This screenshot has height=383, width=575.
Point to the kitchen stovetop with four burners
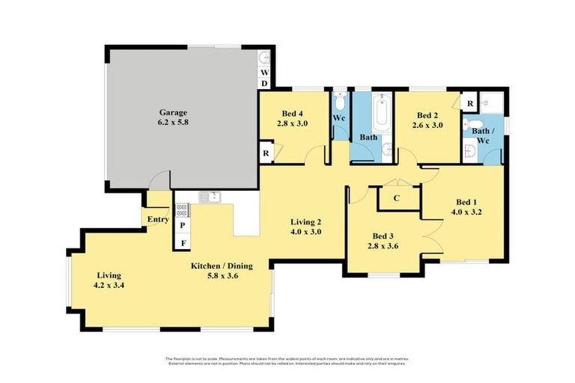182,210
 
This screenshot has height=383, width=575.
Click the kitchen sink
209,197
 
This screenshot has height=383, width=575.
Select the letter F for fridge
182,243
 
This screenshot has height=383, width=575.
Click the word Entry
158,219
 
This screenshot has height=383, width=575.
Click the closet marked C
396,198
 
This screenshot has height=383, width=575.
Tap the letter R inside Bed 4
266,153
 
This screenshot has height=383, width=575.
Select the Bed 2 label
427,115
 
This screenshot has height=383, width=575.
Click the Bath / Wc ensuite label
481,135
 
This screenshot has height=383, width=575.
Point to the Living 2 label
305,221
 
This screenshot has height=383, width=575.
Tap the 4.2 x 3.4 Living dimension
109,285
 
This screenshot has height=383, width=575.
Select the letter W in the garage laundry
264,73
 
